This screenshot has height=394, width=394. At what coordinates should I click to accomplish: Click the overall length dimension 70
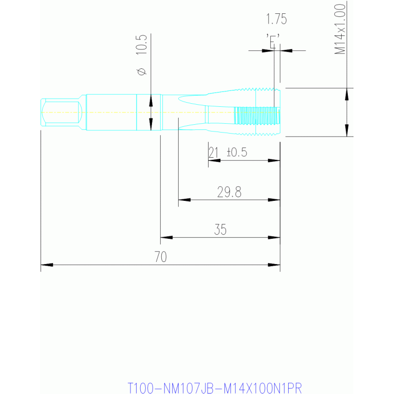click(161, 256)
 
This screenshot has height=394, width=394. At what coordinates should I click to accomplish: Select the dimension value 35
click(220, 230)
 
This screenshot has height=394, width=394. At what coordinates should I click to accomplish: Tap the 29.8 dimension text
click(229, 192)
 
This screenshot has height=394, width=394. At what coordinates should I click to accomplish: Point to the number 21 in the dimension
click(213, 152)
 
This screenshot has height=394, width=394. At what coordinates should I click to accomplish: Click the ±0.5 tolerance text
click(237, 152)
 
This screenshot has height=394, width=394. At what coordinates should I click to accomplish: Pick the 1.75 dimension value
click(276, 19)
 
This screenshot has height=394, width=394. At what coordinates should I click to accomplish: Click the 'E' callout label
click(273, 41)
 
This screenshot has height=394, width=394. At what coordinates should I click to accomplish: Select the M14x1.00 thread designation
click(340, 29)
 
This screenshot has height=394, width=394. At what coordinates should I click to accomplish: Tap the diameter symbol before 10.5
click(142, 71)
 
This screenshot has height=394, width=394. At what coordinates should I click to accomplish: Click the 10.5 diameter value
click(141, 45)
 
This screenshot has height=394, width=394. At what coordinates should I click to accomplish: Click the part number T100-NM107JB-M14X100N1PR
click(215, 388)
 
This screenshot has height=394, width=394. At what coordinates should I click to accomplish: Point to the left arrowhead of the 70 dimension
click(47, 265)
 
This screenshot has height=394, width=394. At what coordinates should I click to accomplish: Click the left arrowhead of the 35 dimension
click(166, 237)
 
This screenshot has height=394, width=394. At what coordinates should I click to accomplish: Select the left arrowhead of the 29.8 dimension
click(184, 200)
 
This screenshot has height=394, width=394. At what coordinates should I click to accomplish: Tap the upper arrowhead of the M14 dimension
click(347, 94)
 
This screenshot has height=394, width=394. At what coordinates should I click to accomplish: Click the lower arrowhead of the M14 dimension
click(347, 130)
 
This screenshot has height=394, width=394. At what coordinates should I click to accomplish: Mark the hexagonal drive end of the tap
click(62, 112)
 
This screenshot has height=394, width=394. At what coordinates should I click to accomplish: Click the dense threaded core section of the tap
click(257, 116)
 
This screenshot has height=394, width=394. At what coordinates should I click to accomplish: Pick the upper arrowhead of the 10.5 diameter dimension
click(151, 100)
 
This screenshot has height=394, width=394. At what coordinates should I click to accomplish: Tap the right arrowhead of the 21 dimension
click(274, 161)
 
